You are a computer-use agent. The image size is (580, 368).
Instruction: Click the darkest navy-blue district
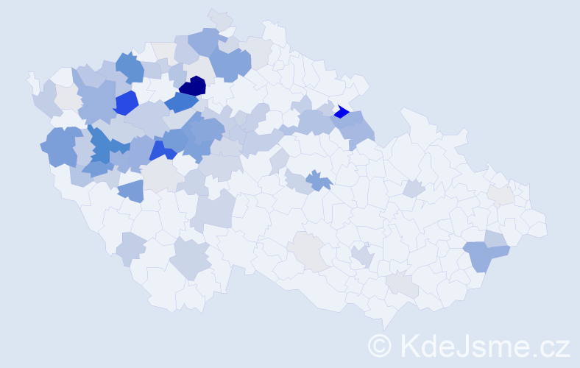pos(194,86)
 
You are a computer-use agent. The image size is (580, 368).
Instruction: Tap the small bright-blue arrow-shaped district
pos(341,113)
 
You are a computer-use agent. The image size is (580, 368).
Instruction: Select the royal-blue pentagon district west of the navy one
pos(126,103)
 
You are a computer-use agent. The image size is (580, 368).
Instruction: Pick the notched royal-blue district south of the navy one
pos(163,150)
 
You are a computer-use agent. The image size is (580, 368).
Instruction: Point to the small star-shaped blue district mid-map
pos(318,180)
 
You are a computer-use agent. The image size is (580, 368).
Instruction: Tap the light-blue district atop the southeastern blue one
pos(495,238)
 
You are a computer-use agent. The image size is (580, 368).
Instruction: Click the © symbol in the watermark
pos(380,345)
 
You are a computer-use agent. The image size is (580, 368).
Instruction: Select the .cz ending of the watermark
pos(550,345)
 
